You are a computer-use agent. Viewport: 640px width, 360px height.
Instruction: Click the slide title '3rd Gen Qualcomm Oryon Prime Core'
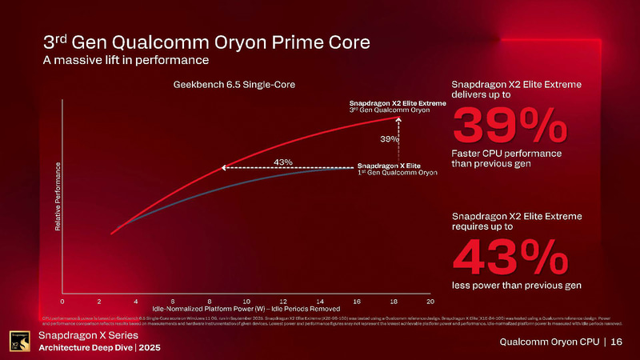[x=206, y=42]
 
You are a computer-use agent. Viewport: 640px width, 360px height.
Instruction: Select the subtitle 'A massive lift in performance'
[x=126, y=60]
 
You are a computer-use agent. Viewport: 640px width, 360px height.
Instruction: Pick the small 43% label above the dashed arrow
[x=282, y=162]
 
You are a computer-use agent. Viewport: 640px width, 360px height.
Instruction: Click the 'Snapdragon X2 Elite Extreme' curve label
[x=398, y=103]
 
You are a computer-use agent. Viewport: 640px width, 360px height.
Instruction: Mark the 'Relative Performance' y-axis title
[x=58, y=197]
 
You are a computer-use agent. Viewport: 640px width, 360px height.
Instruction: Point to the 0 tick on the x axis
[x=62, y=301]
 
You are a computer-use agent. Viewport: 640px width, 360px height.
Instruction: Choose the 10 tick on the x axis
[x=246, y=301]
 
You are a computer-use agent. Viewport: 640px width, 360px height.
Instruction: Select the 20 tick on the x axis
[x=430, y=301]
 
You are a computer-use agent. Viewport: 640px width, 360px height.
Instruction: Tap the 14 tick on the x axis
[x=320, y=301]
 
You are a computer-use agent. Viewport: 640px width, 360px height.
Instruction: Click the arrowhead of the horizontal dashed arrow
[x=225, y=168]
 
